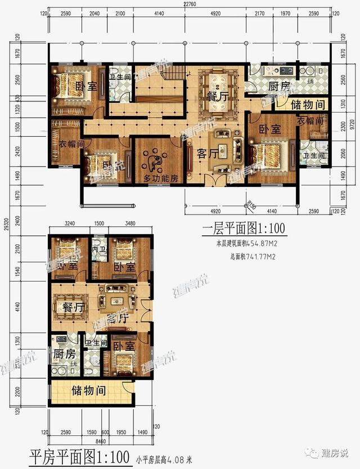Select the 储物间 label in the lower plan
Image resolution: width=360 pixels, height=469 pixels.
pos(89,390)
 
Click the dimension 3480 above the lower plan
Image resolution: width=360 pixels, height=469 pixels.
pos(130,224)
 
